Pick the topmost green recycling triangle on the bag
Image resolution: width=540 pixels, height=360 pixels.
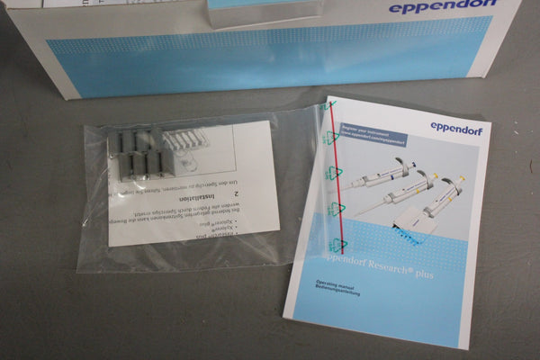[332, 137]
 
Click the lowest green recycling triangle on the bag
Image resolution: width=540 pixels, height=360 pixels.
[339, 244]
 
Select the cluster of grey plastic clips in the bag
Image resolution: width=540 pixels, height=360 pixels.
[137, 155]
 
